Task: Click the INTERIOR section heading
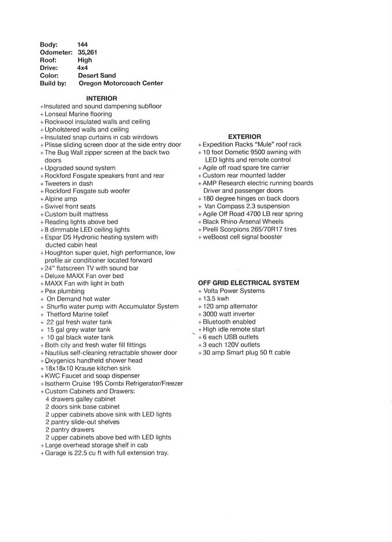coord(101,98)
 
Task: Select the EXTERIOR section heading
coord(245,137)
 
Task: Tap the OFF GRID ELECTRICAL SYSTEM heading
coord(248,283)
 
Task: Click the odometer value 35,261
coord(88,52)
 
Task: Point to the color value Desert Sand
coord(97,76)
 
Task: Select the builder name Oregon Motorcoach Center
coord(120,83)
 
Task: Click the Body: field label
coord(49,45)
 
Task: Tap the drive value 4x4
coord(82,68)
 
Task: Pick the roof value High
coord(85,60)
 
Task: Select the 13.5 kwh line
coord(215,299)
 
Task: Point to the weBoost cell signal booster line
coord(242,237)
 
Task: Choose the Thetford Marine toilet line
coord(77,314)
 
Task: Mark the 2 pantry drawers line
coord(70,430)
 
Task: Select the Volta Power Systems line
coord(234,291)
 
